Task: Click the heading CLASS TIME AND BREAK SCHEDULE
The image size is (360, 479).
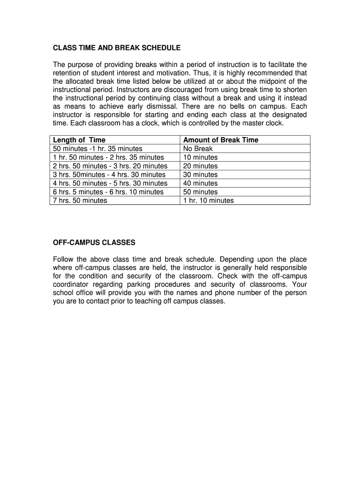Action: [x=116, y=48]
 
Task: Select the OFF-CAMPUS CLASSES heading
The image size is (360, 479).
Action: [x=94, y=242]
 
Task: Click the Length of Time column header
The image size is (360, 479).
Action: [x=79, y=140]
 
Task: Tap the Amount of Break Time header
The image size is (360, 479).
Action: [x=221, y=140]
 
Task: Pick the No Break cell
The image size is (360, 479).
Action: [x=198, y=149]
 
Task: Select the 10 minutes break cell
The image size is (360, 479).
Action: [x=200, y=157]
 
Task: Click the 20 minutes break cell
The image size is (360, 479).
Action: [x=200, y=166]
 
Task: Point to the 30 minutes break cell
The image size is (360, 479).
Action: [x=200, y=174]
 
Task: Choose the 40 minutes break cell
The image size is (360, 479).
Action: [x=200, y=183]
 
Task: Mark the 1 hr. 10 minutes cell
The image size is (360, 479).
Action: [x=209, y=201]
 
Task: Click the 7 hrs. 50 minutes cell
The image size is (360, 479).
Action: [x=80, y=201]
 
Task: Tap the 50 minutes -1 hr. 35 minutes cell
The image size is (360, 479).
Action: [x=98, y=149]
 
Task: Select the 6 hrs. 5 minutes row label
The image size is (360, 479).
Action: [x=108, y=192]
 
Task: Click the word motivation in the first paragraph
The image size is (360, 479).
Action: [x=206, y=73]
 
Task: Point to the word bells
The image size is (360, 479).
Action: [x=230, y=106]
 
